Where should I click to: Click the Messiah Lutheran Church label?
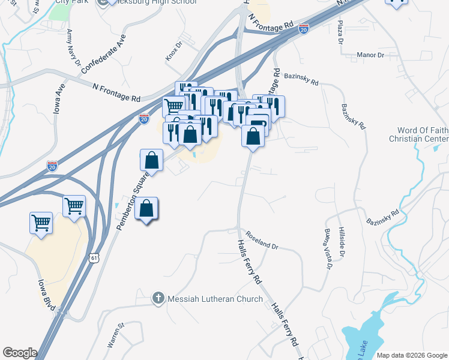pyautogui.click(x=214, y=299)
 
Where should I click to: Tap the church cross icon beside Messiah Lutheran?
pyautogui.click(x=158, y=298)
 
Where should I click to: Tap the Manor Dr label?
pyautogui.click(x=370, y=55)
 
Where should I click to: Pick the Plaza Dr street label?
pyautogui.click(x=340, y=33)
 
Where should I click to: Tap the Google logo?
pyautogui.click(x=20, y=353)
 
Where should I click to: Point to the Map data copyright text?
pyautogui.click(x=411, y=355)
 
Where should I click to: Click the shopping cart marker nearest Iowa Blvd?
pyautogui.click(x=41, y=223)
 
